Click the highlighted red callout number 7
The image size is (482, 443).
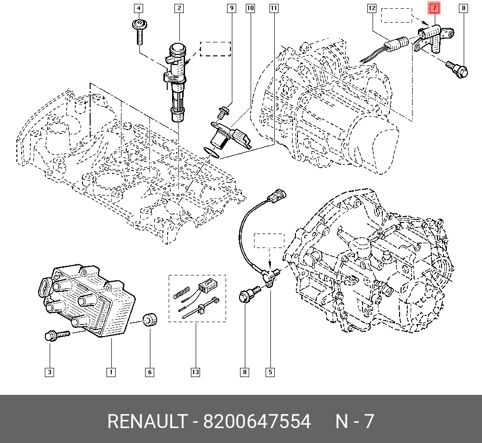[435, 8]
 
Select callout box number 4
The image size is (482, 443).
[138, 8]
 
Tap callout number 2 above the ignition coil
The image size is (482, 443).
[179, 8]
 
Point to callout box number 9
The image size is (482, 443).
[231, 8]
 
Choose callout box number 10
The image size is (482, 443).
[250, 8]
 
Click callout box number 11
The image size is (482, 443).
[274, 8]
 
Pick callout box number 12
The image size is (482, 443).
[371, 8]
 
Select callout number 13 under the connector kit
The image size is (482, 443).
[195, 372]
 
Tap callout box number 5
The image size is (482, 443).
[270, 372]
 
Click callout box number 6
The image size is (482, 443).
[149, 372]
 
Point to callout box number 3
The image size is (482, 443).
[50, 372]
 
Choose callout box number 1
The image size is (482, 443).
[111, 372]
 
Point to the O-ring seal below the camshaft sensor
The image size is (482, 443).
[211, 153]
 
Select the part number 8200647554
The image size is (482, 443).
[257, 421]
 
